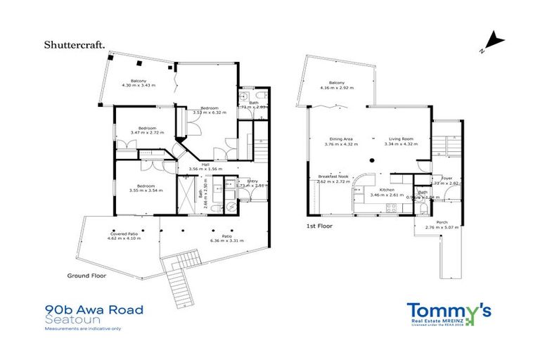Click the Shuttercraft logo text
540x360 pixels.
click(x=75, y=45)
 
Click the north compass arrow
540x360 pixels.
click(x=494, y=41)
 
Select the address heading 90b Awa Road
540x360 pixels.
click(x=94, y=309)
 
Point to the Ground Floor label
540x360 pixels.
click(x=87, y=276)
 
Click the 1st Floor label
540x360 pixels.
click(x=319, y=226)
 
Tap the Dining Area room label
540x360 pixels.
click(x=338, y=141)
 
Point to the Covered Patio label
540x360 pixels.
click(x=124, y=236)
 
